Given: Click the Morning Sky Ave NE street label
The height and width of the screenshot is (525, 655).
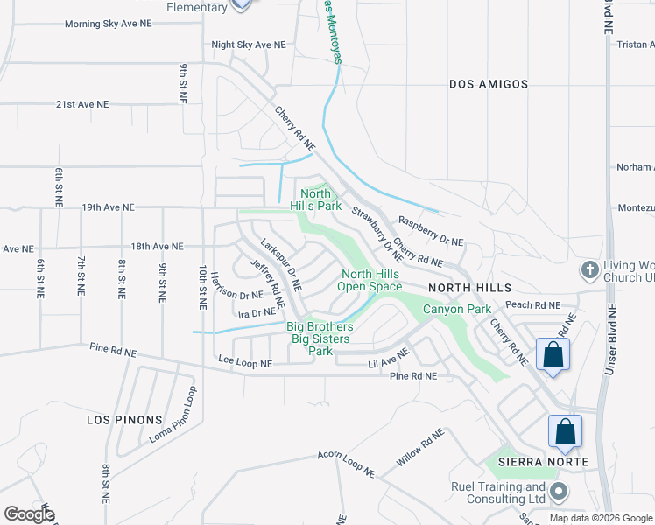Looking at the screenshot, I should coord(109,24).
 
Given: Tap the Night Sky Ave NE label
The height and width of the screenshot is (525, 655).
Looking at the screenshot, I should coord(249,44).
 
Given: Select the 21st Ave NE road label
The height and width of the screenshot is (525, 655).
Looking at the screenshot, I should coord(82,104).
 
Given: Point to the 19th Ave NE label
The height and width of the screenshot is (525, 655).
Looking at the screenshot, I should coord(108,208).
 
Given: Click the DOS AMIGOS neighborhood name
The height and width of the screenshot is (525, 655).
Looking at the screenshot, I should coord(489,84).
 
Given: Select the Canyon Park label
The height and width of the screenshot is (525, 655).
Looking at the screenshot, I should coord(457,309).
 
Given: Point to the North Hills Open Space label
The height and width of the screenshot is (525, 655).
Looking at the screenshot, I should coord(371,281).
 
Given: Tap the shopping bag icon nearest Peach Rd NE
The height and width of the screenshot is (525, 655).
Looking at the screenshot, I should coord(553,355).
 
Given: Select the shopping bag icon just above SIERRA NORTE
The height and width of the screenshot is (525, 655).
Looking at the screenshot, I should coord(565,431).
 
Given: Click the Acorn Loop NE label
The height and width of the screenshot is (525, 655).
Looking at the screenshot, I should coord(345,465).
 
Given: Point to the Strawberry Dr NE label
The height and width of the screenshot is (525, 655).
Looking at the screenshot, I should coord(377,234).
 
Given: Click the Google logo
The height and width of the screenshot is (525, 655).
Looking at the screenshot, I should coord(29,514).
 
